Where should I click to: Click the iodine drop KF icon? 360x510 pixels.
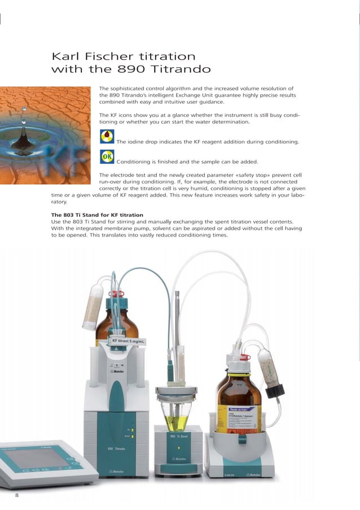[106, 137]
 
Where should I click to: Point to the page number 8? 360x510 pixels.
[17, 495]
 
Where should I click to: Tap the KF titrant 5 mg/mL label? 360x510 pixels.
[128, 342]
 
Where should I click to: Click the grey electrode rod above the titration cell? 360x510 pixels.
[177, 316]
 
